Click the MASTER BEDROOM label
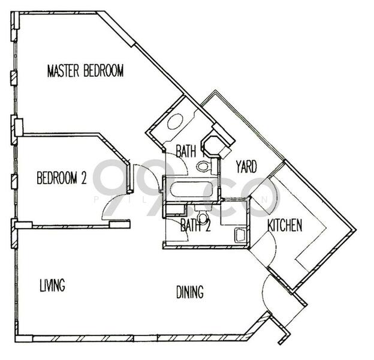[x=85, y=71]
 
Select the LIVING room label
[x=52, y=285]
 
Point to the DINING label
[x=189, y=292]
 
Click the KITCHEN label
[x=284, y=226]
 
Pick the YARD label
[x=246, y=166]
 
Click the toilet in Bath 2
[x=203, y=217]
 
